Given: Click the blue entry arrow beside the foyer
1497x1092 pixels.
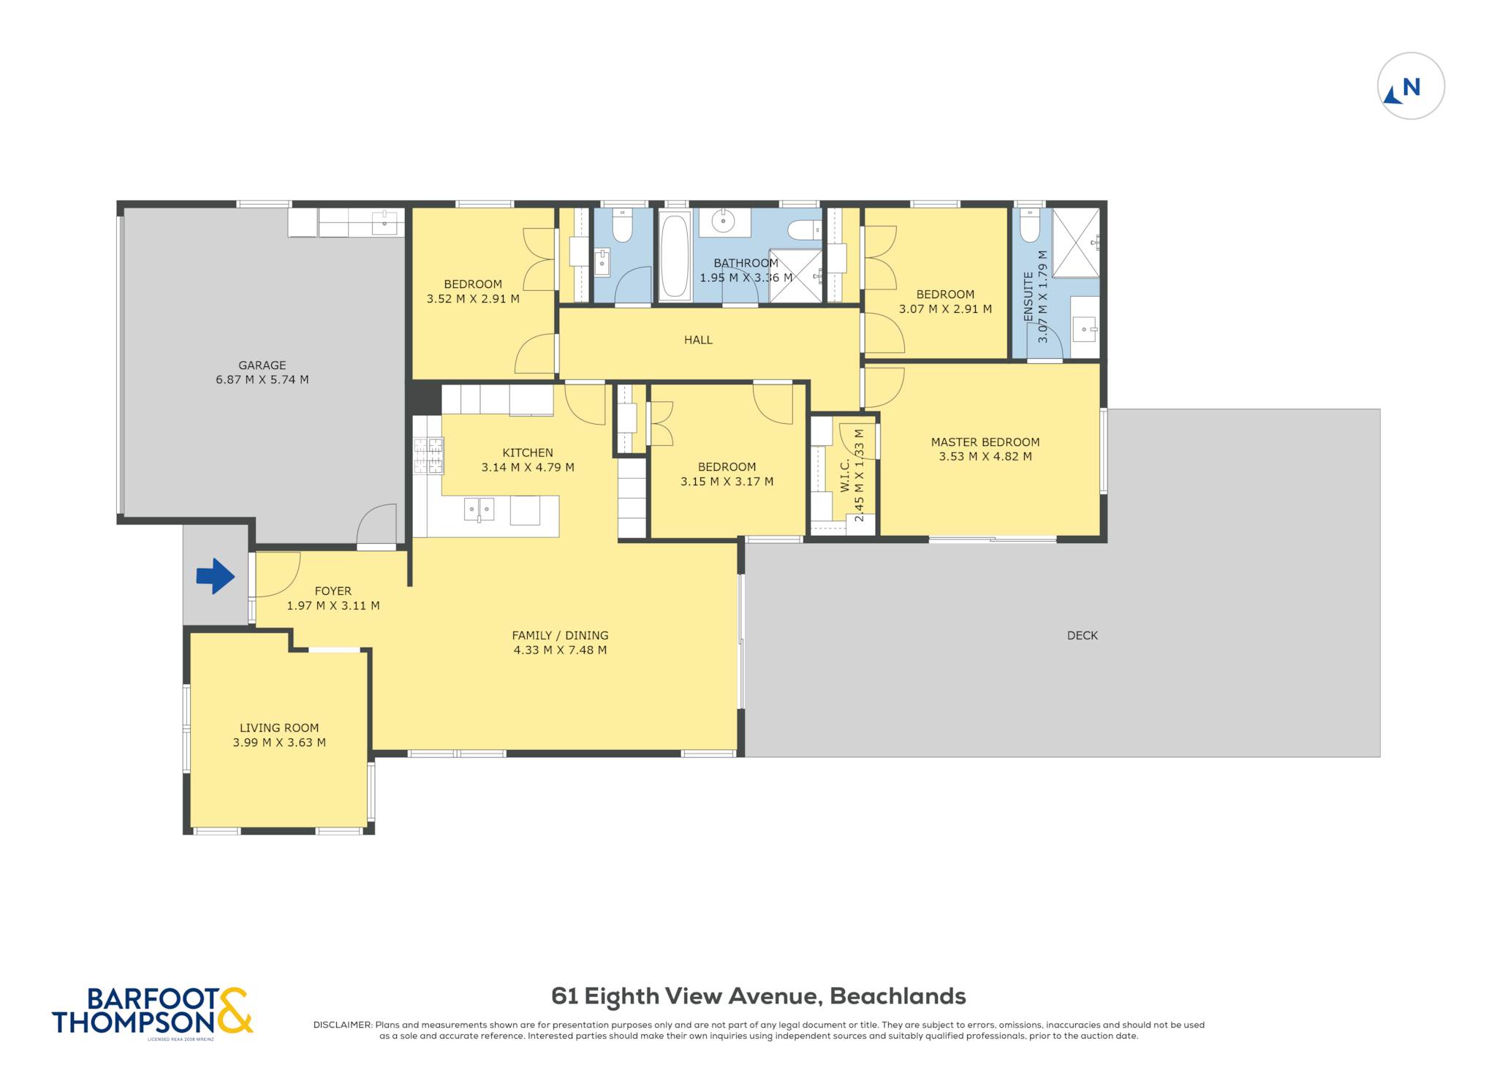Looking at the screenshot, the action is pos(215,576).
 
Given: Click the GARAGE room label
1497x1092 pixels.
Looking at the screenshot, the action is pos(262,365).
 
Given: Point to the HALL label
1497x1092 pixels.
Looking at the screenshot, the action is pos(698,340).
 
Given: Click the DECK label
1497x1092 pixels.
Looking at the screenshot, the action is pos(1083,636).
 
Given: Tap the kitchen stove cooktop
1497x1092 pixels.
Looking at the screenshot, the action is pos(428,455).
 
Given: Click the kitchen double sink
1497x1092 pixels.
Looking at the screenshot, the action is pos(479,509).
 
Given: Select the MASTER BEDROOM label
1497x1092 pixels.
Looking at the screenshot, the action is pos(985,442).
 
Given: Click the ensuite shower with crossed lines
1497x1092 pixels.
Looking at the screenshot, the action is pos(1076,243).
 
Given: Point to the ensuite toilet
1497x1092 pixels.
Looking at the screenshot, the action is pos(1030,226).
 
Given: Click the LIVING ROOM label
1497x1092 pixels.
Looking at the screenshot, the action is pos(279,728).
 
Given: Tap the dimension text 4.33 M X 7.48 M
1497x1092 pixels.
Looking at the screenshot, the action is pos(560,650).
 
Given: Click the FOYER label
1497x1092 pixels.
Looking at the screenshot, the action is pos(333,591).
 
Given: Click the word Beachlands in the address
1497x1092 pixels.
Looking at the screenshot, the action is pos(898,996).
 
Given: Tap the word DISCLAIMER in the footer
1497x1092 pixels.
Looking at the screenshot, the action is pos(342,1025).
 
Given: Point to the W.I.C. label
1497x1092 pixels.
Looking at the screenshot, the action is pos(845,475).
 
